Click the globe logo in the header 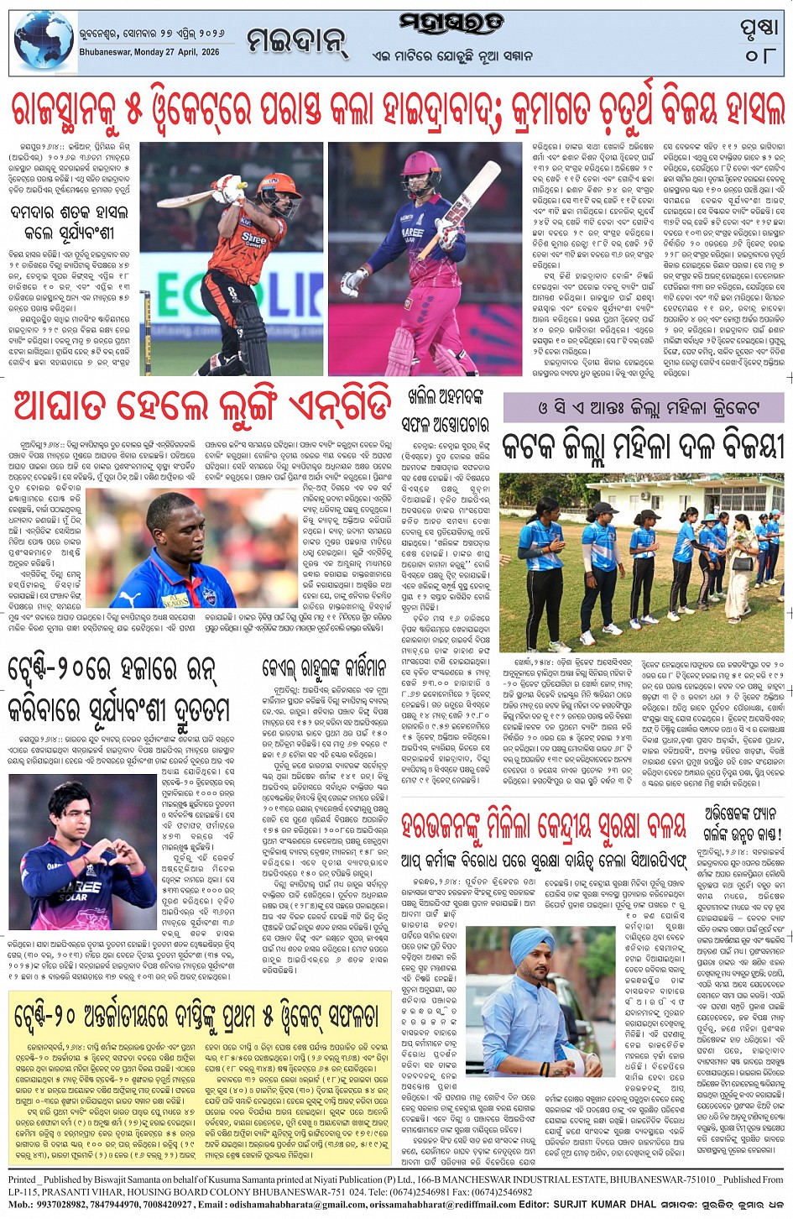coord(44,42)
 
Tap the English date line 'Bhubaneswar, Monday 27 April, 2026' coord(149,52)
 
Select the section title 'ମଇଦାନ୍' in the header coord(297,39)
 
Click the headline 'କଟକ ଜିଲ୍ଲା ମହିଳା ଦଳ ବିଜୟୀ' coord(642,446)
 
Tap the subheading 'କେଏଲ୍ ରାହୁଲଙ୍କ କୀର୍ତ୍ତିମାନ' coord(327,668)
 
